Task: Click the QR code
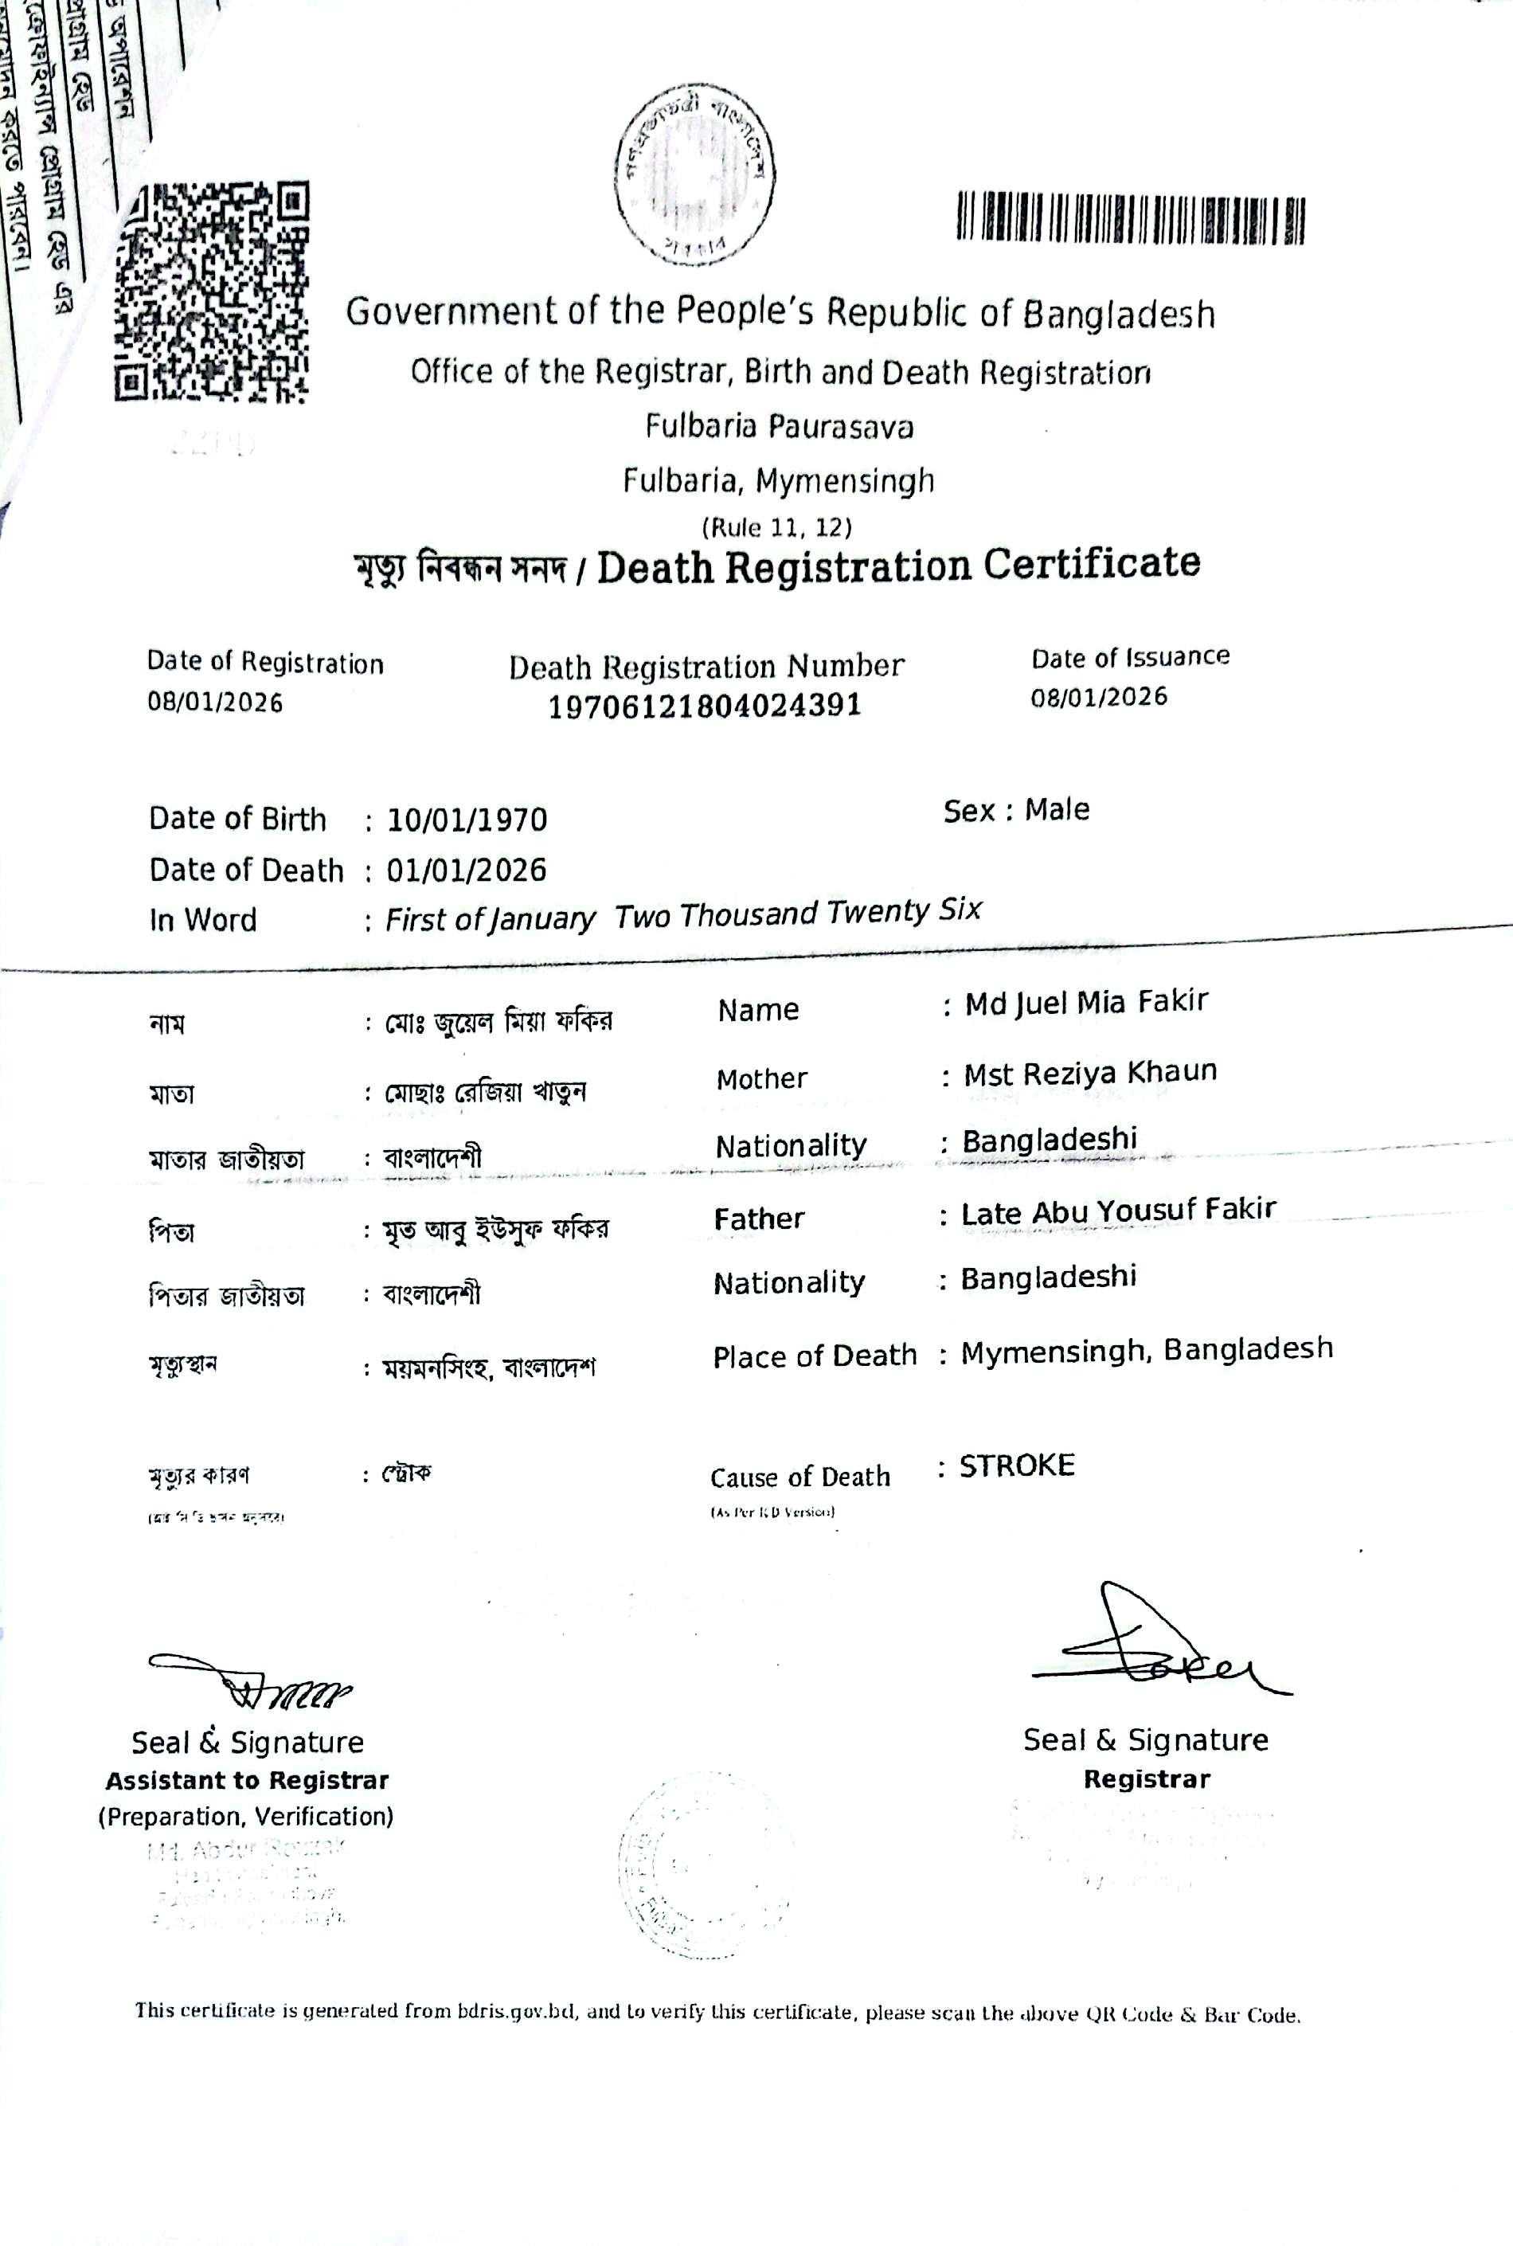(213, 292)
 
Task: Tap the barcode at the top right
(1130, 218)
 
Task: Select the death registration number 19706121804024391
(705, 706)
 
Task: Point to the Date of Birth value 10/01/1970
(467, 820)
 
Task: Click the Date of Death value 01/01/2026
(466, 871)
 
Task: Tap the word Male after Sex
(1057, 810)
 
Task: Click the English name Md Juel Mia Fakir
(1085, 1003)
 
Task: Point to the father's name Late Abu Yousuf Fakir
(1117, 1211)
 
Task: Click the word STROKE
(1016, 1466)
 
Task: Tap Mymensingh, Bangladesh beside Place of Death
(1147, 1350)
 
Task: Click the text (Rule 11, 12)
(776, 528)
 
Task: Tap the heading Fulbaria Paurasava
(779, 427)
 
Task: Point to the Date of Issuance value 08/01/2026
(1098, 697)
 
